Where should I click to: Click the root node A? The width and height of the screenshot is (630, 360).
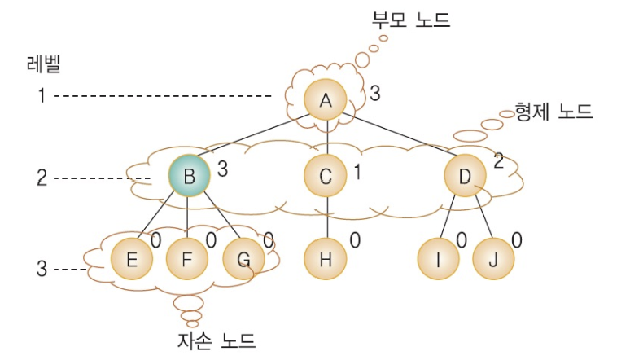coord(326,100)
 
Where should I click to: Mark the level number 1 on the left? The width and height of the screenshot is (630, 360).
coord(40,96)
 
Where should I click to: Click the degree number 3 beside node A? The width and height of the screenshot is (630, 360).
coord(374,94)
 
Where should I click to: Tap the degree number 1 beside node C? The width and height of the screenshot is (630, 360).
coord(357,171)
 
